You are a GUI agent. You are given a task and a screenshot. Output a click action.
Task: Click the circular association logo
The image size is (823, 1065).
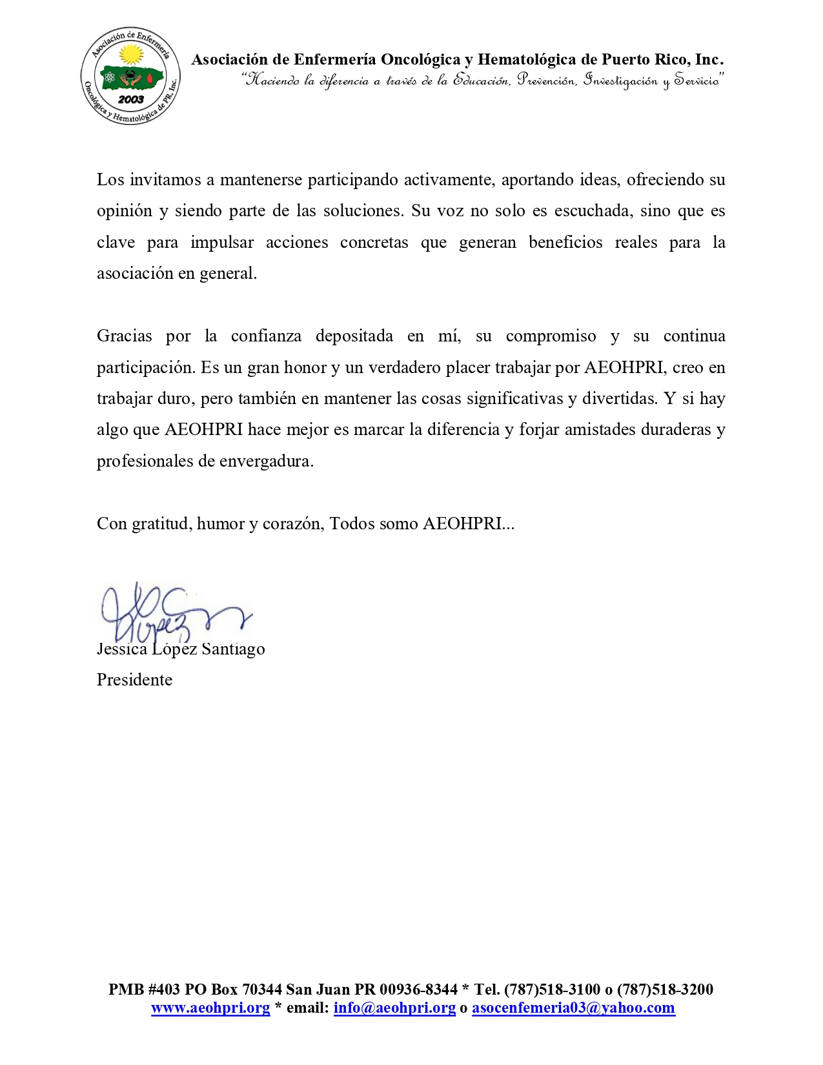(x=130, y=76)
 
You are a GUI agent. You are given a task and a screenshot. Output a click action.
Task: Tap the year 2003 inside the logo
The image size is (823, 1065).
(x=131, y=99)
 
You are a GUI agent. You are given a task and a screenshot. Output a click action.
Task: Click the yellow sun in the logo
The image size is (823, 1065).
(x=132, y=54)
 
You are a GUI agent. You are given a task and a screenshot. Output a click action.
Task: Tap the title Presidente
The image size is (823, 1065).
(x=134, y=680)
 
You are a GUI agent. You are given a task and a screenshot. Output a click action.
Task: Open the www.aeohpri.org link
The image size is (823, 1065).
(x=210, y=1008)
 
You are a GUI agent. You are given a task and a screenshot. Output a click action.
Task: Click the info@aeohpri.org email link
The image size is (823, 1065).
(x=394, y=1008)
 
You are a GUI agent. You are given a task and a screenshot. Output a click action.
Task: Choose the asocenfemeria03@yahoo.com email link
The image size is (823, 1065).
(x=573, y=1008)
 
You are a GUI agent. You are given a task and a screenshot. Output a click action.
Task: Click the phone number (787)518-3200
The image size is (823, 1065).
(x=665, y=989)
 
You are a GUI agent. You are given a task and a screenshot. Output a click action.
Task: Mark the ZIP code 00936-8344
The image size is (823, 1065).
(x=418, y=989)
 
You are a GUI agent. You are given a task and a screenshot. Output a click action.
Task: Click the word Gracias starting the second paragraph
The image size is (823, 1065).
(x=125, y=336)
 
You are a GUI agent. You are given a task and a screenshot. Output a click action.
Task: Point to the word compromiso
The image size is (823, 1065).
(x=551, y=336)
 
